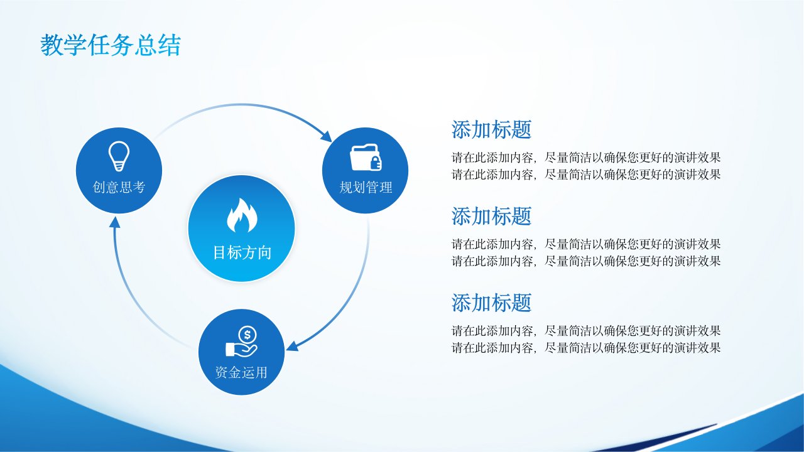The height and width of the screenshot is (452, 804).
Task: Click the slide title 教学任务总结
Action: (x=110, y=45)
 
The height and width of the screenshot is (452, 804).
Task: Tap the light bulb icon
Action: (x=119, y=156)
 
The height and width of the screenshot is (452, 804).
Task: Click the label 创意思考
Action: (x=119, y=187)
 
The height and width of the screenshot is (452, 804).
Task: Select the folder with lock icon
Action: (x=366, y=158)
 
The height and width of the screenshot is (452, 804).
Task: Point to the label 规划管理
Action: (x=366, y=187)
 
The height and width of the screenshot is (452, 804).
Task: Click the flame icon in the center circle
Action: (x=242, y=215)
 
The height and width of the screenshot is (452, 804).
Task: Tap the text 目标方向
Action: (x=242, y=252)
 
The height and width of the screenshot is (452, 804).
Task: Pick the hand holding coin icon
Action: (x=242, y=342)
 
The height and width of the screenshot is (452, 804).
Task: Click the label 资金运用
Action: (x=241, y=372)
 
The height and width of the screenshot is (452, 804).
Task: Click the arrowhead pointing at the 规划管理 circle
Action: (x=326, y=136)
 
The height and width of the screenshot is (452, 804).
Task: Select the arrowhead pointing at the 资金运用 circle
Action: (x=293, y=346)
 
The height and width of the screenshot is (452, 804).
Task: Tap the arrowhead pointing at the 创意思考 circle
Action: (x=114, y=223)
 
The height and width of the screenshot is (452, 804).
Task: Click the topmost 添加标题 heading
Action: (x=491, y=129)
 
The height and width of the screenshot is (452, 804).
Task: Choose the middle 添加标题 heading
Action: (x=491, y=216)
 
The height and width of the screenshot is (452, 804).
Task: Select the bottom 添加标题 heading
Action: (x=491, y=303)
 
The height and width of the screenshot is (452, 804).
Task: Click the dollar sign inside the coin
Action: (x=247, y=335)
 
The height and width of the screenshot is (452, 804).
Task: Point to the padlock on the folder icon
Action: (x=376, y=163)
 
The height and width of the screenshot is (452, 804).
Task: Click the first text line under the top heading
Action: (x=586, y=158)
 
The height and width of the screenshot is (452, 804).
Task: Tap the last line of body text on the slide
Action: (x=586, y=348)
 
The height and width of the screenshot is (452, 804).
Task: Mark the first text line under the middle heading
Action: (x=586, y=244)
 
